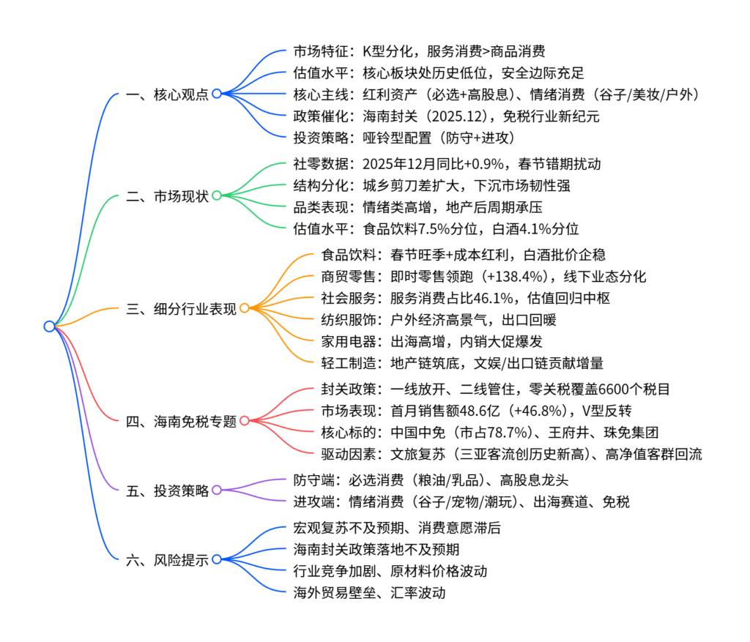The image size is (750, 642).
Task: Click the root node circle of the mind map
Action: click(49, 326)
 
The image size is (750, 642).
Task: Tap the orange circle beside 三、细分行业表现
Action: click(245, 308)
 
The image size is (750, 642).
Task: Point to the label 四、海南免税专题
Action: click(182, 421)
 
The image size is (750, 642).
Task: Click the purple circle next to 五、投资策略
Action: click(217, 490)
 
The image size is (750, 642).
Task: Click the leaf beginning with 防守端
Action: click(425, 480)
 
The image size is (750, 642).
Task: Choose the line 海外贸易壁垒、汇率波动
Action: click(368, 592)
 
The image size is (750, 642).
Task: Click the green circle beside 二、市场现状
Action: click(217, 195)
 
